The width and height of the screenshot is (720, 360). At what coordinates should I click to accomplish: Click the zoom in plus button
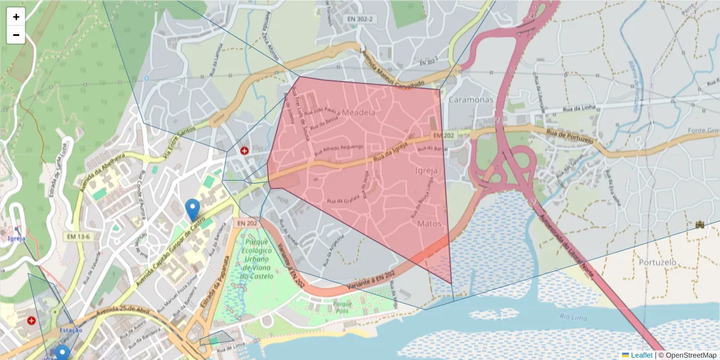[x=16, y=17]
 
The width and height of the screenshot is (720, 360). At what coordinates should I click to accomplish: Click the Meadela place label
[x=359, y=112]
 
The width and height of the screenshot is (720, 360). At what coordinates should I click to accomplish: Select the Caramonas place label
[x=470, y=100]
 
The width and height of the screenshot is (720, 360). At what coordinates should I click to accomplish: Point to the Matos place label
[x=429, y=223]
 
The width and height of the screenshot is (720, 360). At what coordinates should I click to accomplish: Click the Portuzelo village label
[x=658, y=262]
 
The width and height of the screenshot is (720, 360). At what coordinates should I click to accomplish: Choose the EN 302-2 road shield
[x=360, y=19]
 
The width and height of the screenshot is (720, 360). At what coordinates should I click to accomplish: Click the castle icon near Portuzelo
[x=699, y=224]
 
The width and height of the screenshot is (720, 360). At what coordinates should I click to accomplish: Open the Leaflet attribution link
[x=641, y=355]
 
